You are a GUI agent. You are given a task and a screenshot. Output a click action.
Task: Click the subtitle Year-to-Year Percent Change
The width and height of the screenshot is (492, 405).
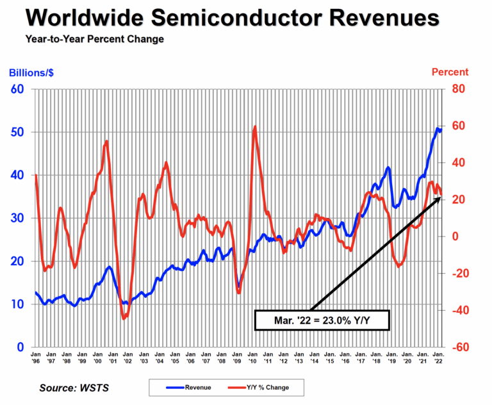(x=94, y=40)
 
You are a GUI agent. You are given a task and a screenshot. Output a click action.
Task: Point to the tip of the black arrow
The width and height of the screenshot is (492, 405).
(x=441, y=197)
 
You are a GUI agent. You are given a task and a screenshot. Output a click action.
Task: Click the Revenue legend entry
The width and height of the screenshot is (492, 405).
(x=189, y=387)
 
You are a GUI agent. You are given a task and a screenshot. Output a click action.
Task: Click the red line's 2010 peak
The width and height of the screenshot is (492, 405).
(x=255, y=127)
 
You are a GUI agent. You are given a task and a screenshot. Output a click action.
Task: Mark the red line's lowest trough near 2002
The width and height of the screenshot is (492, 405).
(x=124, y=318)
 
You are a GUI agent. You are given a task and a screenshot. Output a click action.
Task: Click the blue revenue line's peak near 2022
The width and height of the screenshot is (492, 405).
(x=438, y=128)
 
